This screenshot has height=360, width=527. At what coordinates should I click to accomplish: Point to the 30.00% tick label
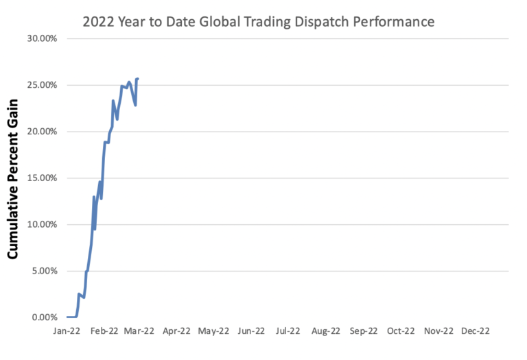[x=43, y=38]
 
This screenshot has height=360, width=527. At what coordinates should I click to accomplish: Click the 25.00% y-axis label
[x=43, y=85]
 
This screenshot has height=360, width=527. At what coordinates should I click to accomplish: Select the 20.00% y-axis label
[x=43, y=132]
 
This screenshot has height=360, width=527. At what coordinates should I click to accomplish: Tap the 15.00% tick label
[x=43, y=178]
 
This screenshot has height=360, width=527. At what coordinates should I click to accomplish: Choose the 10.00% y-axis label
[x=43, y=224]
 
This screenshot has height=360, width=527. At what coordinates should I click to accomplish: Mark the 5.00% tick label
[x=45, y=271]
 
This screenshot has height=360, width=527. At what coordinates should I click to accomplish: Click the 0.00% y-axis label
[x=45, y=317]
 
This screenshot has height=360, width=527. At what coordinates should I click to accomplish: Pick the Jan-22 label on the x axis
[x=67, y=331]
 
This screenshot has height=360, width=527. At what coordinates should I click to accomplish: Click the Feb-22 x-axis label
[x=104, y=331]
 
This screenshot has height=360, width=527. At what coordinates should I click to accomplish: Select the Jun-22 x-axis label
[x=250, y=331]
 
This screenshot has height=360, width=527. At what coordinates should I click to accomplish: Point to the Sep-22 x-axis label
[x=362, y=331]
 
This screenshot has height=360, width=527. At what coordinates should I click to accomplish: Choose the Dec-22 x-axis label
[x=475, y=331]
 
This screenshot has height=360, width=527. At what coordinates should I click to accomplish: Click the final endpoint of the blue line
[x=138, y=79]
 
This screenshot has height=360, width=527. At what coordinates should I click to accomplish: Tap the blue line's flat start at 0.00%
[x=71, y=317]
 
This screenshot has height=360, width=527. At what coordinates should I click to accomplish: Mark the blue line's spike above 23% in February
[x=113, y=101]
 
